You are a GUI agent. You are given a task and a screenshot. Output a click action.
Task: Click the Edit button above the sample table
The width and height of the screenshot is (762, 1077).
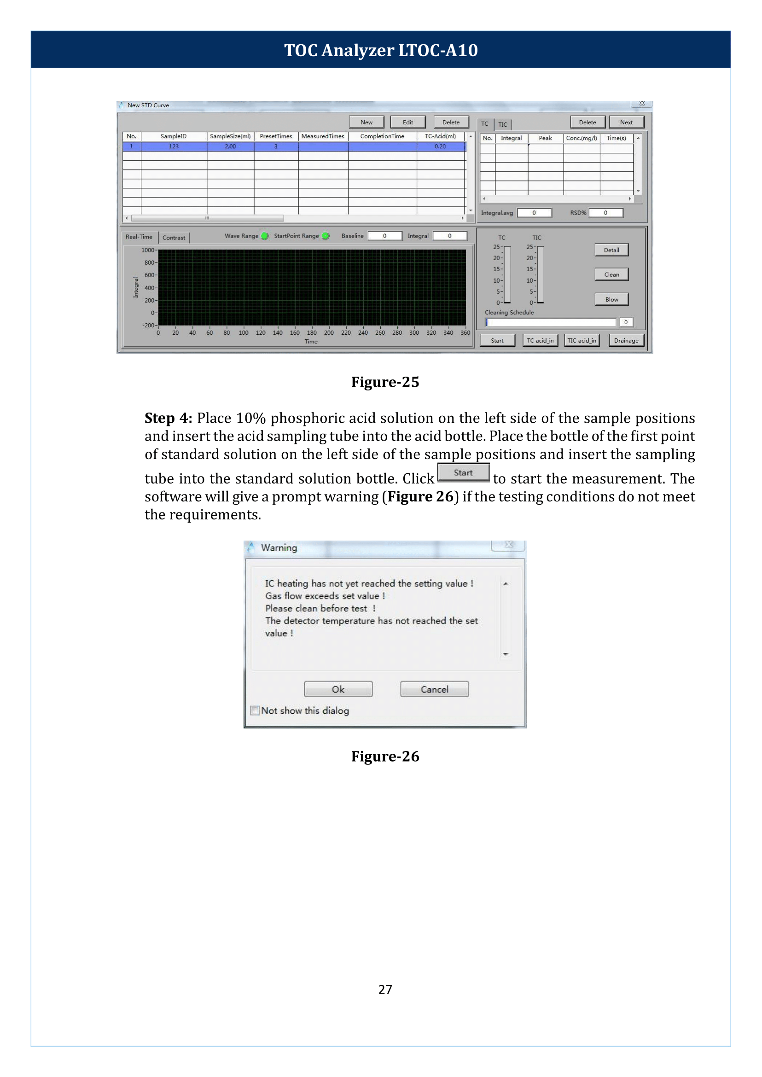408,122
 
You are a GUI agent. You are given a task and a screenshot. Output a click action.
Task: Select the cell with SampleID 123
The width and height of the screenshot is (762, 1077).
174,146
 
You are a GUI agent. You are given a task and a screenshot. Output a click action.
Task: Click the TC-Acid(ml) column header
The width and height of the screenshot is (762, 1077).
440,136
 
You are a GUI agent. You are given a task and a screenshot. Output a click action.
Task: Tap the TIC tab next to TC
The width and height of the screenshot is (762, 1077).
502,124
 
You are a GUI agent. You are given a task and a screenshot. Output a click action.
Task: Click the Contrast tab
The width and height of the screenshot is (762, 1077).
174,238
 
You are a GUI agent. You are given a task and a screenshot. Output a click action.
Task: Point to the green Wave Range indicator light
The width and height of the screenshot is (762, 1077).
265,236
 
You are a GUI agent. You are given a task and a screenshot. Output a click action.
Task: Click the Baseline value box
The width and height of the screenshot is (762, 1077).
384,236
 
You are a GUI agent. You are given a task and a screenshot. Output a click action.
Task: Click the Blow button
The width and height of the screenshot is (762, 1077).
611,299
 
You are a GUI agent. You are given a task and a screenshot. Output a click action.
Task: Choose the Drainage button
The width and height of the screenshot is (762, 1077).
625,340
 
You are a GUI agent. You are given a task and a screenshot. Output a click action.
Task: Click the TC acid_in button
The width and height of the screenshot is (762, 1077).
540,340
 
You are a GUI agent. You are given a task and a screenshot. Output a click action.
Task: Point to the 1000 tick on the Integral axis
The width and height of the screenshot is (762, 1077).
148,250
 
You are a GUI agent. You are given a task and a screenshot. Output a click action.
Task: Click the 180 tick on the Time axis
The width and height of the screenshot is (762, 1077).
312,332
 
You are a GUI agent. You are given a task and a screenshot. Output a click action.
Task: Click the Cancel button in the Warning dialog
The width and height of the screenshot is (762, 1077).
434,689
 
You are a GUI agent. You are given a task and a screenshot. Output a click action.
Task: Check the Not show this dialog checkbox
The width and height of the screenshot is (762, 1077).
255,710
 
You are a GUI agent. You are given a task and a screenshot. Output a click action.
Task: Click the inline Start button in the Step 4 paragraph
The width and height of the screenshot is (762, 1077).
463,472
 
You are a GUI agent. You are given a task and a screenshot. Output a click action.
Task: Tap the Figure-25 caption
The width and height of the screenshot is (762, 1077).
385,382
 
